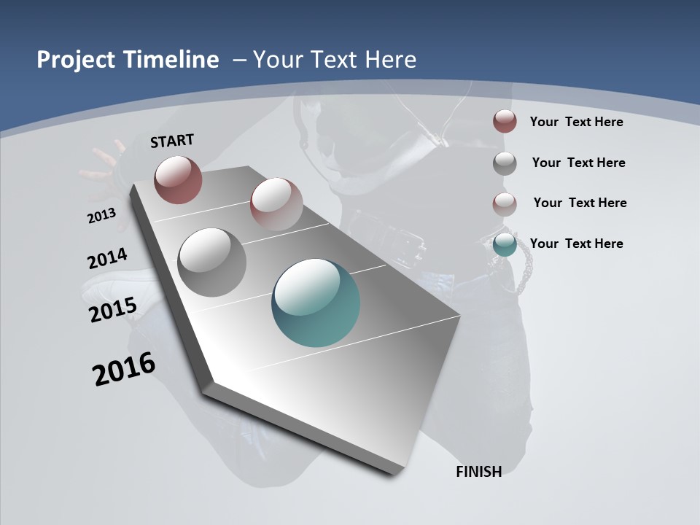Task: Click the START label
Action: [172, 141]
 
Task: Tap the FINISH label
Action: [478, 472]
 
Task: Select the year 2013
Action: [102, 215]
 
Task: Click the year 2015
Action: [113, 309]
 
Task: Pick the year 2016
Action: [124, 368]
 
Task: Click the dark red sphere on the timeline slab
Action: [178, 179]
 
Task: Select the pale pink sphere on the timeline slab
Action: [276, 203]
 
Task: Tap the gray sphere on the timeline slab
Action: [211, 262]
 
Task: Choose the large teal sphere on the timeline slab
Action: [316, 303]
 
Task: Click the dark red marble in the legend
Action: [505, 122]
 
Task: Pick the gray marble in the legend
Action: [505, 163]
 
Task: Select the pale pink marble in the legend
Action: [505, 203]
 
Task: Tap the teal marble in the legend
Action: [505, 244]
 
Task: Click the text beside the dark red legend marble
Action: [576, 122]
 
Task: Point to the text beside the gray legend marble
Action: [578, 163]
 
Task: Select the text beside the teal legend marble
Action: [576, 244]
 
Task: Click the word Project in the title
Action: [76, 60]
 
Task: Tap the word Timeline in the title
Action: [171, 60]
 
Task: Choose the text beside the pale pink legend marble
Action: [580, 203]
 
